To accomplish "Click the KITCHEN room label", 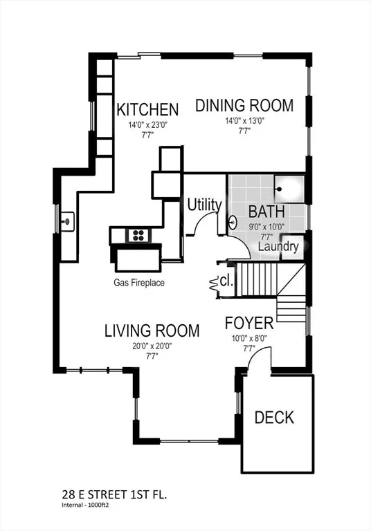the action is point(147,109).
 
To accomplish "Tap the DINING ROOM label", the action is point(244,105).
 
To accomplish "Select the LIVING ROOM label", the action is point(152,330).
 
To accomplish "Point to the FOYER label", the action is point(249,323).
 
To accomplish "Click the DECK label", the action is point(274,417).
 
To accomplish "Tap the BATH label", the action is point(266,212).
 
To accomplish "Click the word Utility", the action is point(204,205).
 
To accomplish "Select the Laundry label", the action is point(278,246).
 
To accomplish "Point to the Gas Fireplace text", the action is point(139,282).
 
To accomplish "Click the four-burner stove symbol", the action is point(138,235).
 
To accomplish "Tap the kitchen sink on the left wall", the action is point(67,221).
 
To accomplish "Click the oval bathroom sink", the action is point(233,223).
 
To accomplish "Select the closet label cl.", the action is point(226,281).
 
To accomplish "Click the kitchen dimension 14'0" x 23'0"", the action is point(148,125).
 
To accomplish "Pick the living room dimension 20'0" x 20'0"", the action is point(152,346).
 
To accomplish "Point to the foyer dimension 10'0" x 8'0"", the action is point(249,338).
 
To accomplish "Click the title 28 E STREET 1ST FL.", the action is point(115,495).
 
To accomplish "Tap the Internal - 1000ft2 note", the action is point(87,505).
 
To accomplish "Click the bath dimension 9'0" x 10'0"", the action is point(266,227).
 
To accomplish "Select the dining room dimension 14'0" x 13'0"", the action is point(244,121).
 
